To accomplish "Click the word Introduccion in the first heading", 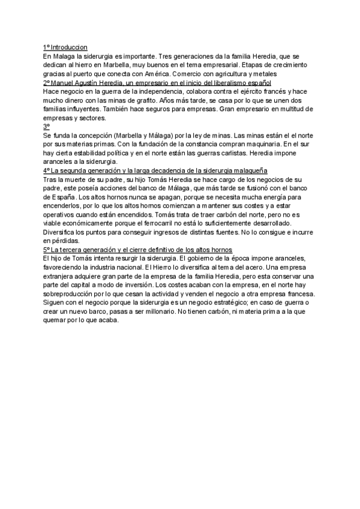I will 69,47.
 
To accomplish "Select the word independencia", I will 142,91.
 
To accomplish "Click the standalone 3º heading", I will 46,127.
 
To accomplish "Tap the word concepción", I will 91,136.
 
